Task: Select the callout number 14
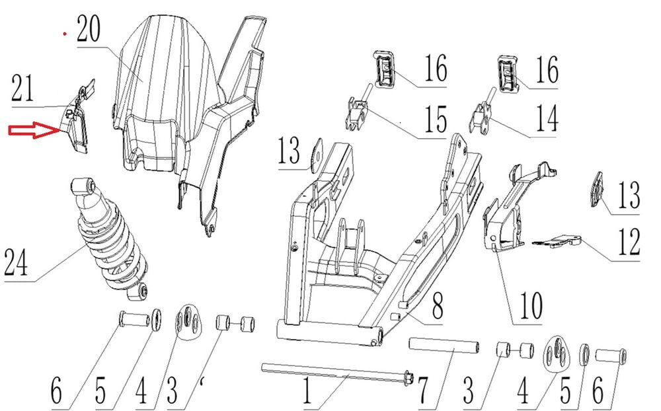[x=545, y=120]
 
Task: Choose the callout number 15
[x=434, y=120]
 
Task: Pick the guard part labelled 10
[x=509, y=211]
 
